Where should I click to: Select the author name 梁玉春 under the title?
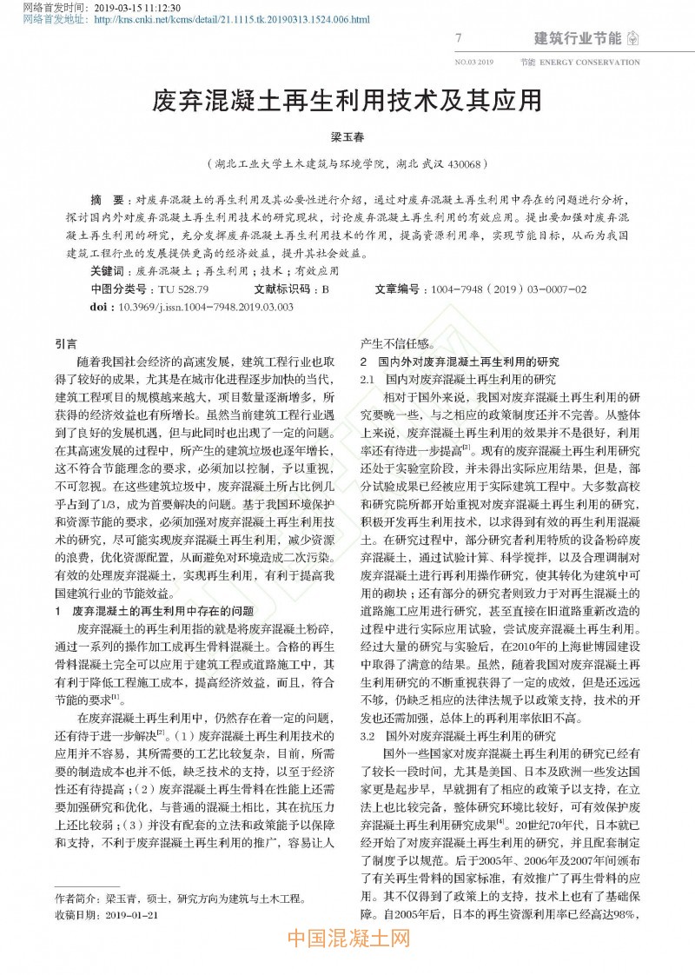pos(347,137)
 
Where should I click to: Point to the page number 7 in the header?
pos(458,38)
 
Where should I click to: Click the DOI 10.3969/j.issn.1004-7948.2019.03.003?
pos(205,306)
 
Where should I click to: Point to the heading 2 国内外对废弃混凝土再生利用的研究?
pos(460,361)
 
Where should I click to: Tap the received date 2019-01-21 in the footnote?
pos(128,915)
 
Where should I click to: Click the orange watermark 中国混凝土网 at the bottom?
pos(347,940)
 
